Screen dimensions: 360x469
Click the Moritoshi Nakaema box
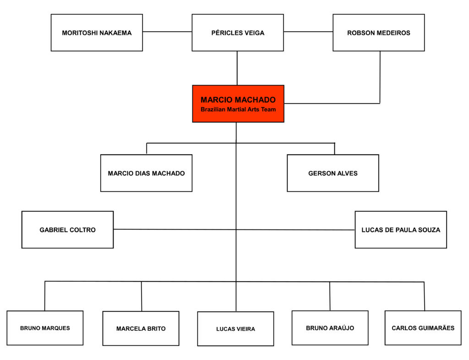click(97, 33)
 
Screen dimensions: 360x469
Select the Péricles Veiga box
click(238, 33)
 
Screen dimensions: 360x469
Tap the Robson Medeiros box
click(378, 33)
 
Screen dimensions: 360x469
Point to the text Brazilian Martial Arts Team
click(238, 110)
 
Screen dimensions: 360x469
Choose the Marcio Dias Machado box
click(146, 173)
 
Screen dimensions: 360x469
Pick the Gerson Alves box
click(333, 173)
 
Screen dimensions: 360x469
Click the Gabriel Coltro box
click(67, 229)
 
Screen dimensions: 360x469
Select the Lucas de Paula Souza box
click(401, 229)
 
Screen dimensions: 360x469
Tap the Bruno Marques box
click(45, 328)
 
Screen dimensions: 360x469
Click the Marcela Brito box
click(141, 328)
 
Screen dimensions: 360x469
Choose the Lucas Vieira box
click(235, 329)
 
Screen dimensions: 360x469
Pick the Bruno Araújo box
click(330, 328)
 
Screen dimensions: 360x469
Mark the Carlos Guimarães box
click(423, 328)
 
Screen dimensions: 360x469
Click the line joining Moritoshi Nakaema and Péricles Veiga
click(167, 32)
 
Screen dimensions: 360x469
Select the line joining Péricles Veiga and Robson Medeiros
click(308, 32)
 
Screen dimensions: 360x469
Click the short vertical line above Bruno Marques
click(45, 296)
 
